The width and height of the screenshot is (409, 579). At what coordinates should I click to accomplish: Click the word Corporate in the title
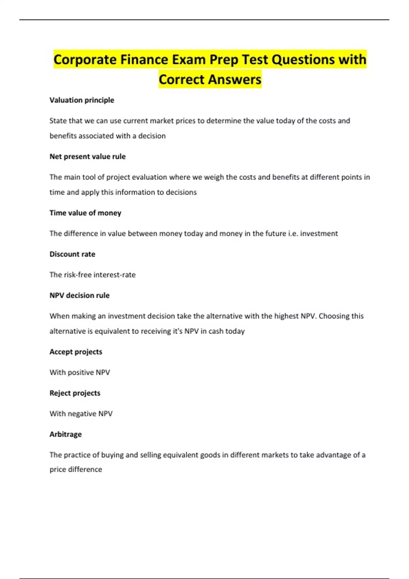(x=85, y=60)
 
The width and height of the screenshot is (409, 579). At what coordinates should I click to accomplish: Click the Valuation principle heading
(x=82, y=100)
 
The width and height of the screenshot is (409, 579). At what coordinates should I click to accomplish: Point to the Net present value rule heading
(x=88, y=157)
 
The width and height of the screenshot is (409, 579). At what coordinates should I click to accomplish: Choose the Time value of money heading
(x=85, y=213)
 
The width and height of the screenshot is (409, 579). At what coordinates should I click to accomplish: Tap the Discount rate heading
(x=72, y=254)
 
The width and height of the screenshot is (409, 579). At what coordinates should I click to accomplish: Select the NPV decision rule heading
(x=79, y=295)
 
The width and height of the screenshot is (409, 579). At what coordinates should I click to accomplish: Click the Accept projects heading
(x=76, y=352)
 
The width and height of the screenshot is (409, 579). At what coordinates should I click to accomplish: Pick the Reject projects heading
(x=75, y=393)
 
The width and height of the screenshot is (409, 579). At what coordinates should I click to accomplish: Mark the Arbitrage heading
(x=65, y=434)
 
